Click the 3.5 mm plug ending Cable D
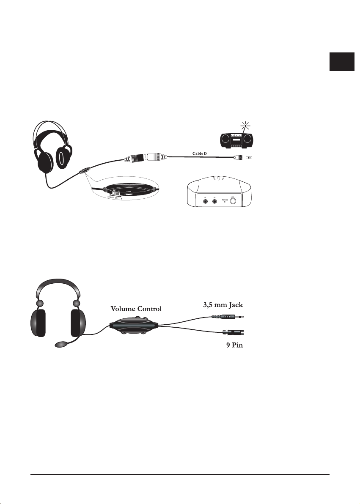coord(239,158)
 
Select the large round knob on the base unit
coord(232,201)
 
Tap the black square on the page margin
coord(342,62)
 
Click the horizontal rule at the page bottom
coord(180,474)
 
